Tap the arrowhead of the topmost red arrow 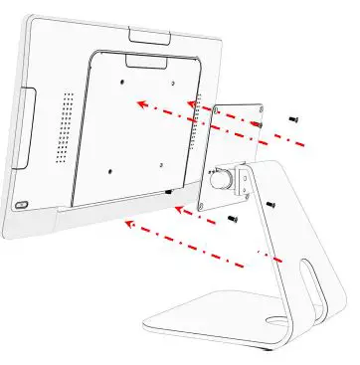(139, 100)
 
